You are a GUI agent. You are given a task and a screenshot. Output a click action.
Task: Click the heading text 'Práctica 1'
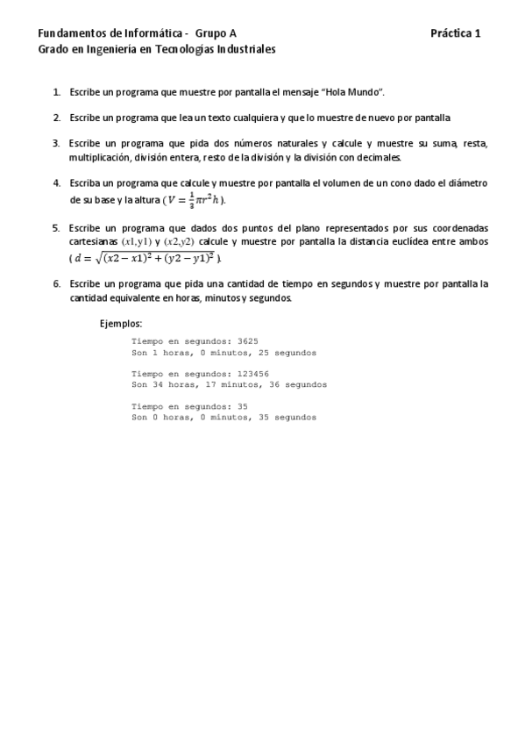pos(456,33)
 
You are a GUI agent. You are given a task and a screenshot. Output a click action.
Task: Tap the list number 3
pos(56,142)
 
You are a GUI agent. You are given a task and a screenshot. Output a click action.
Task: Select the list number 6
pos(56,283)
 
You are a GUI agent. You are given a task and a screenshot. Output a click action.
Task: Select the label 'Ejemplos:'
pos(121,323)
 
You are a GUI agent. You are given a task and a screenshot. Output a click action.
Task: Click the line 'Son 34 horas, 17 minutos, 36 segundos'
pos(229,384)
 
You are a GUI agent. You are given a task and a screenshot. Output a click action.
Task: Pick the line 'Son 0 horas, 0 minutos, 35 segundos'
pos(223,418)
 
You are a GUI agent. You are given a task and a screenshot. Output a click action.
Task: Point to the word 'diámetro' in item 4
pos(467,182)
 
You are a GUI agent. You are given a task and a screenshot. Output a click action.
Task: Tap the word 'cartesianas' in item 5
pos(94,241)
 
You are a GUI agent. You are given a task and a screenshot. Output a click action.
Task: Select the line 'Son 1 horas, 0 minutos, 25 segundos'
pos(223,352)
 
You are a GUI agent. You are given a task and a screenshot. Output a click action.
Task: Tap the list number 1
pos(56,91)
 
